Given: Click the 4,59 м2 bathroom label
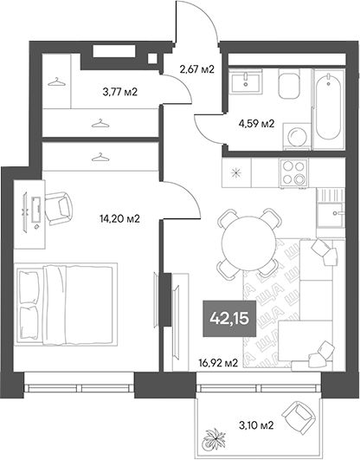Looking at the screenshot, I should pyautogui.click(x=257, y=123).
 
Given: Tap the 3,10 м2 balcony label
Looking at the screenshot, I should pyautogui.click(x=255, y=424).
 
